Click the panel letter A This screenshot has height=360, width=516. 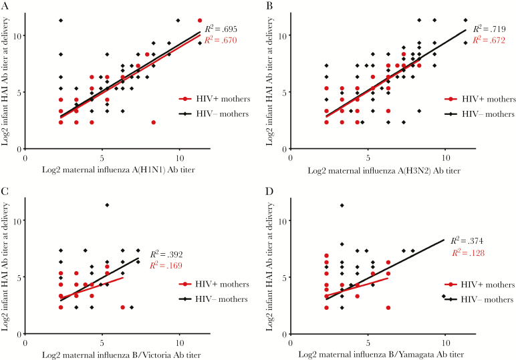(5, 5)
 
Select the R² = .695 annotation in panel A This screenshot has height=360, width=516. (223, 29)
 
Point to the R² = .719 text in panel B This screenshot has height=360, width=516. (489, 29)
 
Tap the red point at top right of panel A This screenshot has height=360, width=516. (200, 21)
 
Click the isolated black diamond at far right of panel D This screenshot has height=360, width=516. (443, 297)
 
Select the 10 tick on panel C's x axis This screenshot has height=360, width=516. (178, 344)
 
